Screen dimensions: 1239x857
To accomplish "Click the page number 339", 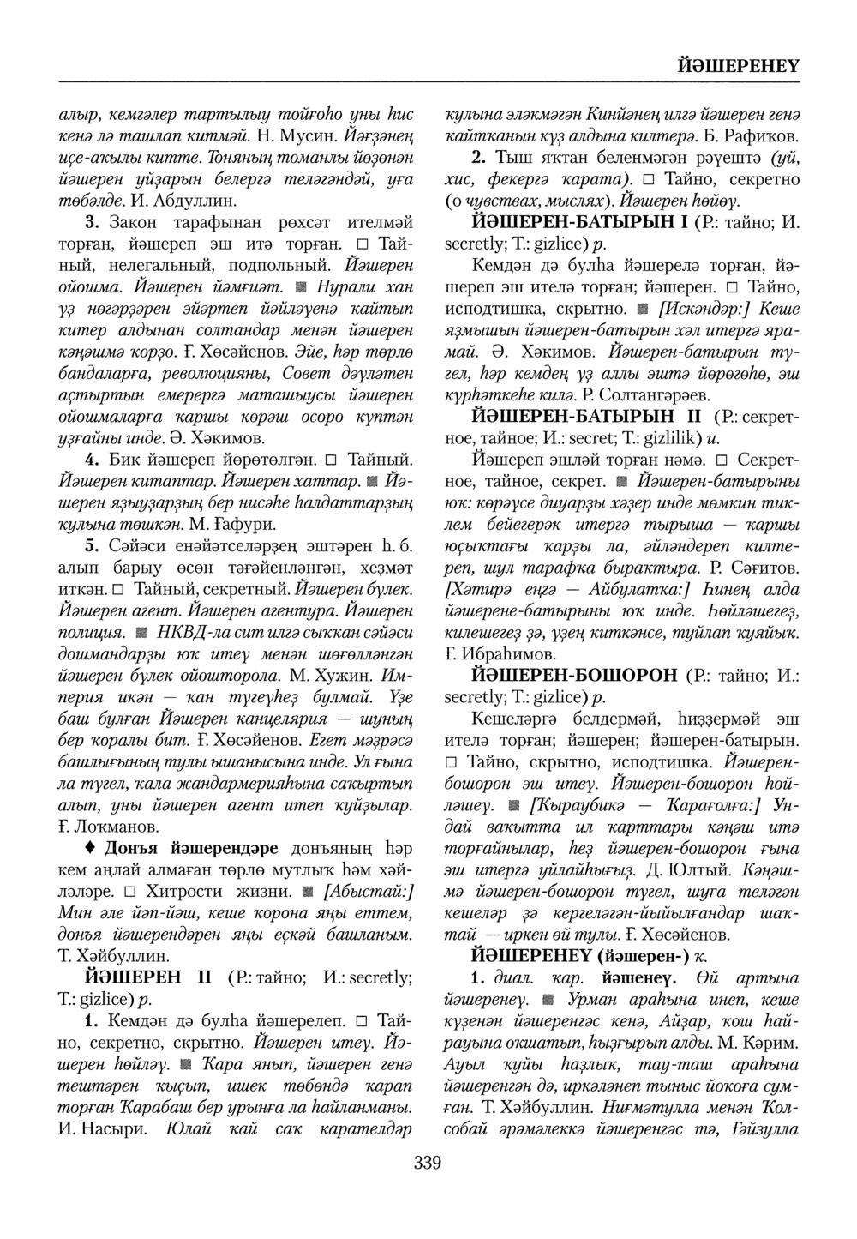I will pyautogui.click(x=427, y=1164).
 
